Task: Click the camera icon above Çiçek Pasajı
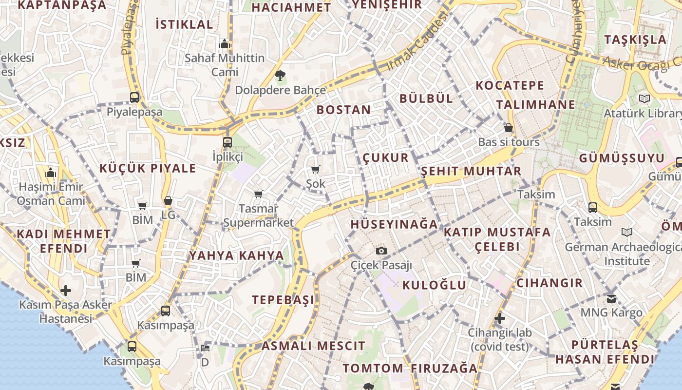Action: (x=381, y=251)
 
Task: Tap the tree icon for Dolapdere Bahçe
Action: (x=280, y=76)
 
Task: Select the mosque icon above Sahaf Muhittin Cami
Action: (x=224, y=44)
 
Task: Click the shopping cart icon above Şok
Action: (x=316, y=170)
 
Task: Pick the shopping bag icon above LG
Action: (x=168, y=200)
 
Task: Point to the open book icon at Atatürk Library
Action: (x=644, y=99)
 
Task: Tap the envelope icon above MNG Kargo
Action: (x=611, y=298)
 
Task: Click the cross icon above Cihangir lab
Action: (x=500, y=319)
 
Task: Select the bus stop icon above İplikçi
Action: (x=227, y=142)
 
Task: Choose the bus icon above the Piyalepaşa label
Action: (x=134, y=97)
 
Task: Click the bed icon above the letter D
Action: (x=205, y=348)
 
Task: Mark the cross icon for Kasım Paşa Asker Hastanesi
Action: (x=66, y=291)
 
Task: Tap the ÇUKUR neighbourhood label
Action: (x=386, y=157)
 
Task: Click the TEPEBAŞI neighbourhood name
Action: (x=283, y=300)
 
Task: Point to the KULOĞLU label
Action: (x=435, y=285)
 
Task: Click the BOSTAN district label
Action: (x=343, y=110)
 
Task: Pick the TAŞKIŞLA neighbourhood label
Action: (x=635, y=39)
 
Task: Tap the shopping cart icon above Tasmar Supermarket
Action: (x=259, y=195)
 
